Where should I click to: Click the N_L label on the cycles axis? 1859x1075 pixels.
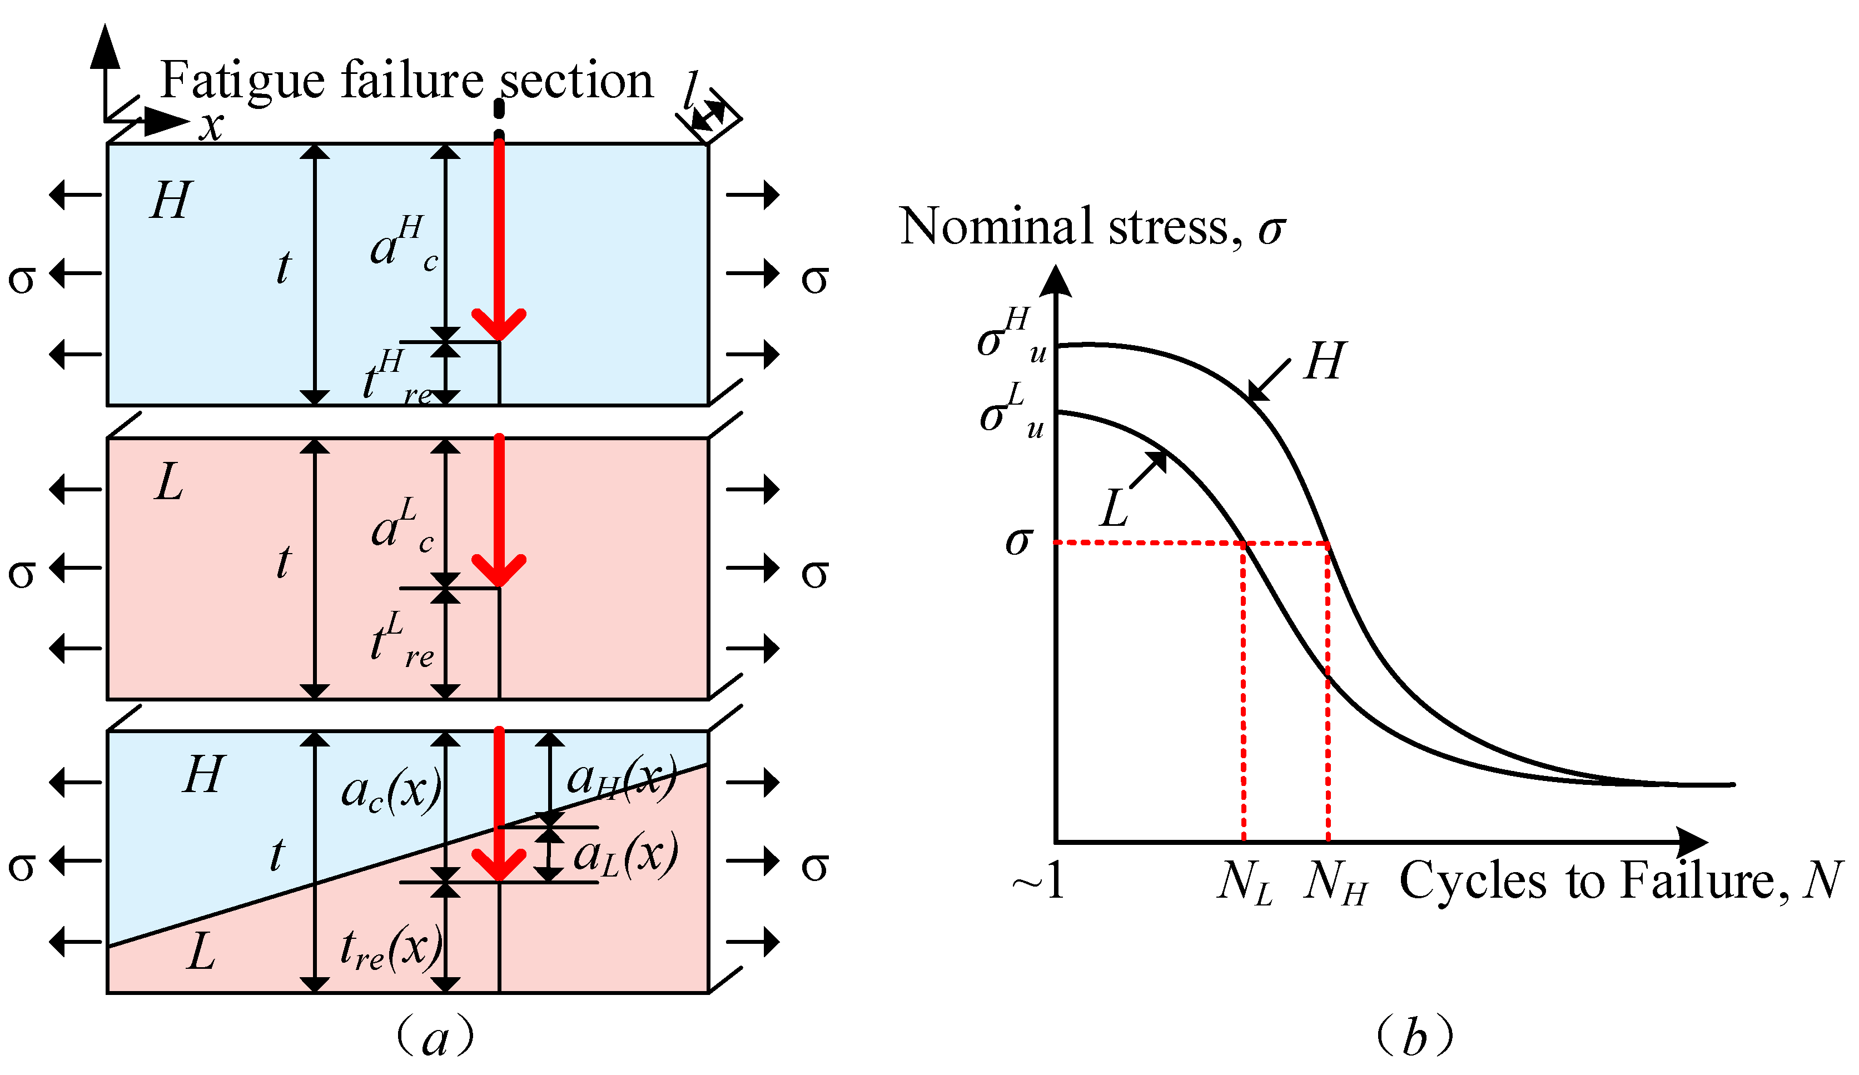pos(1245,883)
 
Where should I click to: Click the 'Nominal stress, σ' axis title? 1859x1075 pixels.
pos(1092,227)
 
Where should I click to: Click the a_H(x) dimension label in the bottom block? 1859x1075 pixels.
pos(620,778)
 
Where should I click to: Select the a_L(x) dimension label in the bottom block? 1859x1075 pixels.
pos(625,856)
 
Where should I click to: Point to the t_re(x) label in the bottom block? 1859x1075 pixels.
pos(391,949)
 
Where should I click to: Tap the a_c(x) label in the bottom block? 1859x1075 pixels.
pos(391,792)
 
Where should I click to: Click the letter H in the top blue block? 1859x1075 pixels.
pos(171,200)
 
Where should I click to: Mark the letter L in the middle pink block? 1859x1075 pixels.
pos(169,484)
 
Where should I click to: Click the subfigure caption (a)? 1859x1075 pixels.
pos(435,1037)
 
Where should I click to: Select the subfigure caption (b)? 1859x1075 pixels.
pos(1414,1037)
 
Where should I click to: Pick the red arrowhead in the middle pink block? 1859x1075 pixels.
pos(499,570)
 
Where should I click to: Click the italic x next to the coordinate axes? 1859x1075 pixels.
pos(212,126)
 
